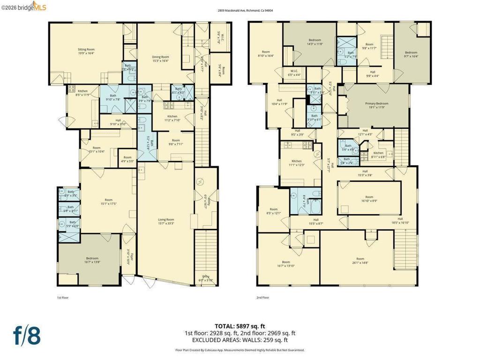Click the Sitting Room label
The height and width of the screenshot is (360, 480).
tap(86, 51)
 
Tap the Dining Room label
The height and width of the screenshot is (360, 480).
tap(160, 59)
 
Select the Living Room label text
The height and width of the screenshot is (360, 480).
tap(165, 221)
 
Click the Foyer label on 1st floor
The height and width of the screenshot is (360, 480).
tap(132, 258)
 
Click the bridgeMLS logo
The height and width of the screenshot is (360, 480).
tap(23, 6)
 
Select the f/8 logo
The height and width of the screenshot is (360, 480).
tap(27, 335)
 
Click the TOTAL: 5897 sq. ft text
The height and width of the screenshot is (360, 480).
tap(240, 326)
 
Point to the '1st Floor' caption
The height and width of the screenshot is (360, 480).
tap(62, 297)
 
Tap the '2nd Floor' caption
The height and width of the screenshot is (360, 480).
tap(262, 297)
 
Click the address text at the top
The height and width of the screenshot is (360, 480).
tap(240, 10)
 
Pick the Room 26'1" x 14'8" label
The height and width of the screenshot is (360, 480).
tap(360, 261)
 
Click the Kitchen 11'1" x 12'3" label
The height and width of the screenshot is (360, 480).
tap(296, 163)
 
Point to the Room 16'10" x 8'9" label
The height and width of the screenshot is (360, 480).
tap(369, 199)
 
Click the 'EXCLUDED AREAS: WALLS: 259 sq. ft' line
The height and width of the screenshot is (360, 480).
tap(240, 340)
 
